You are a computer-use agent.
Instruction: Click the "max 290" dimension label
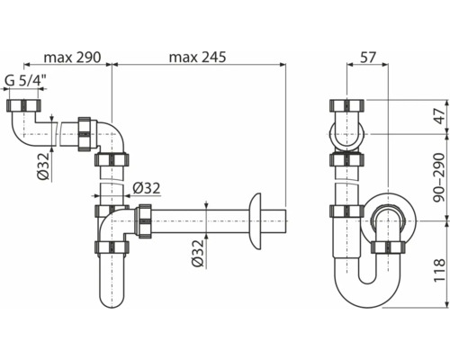(67, 56)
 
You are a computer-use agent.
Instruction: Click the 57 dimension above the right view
(367, 56)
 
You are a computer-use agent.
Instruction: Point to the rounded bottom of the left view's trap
(108, 301)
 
